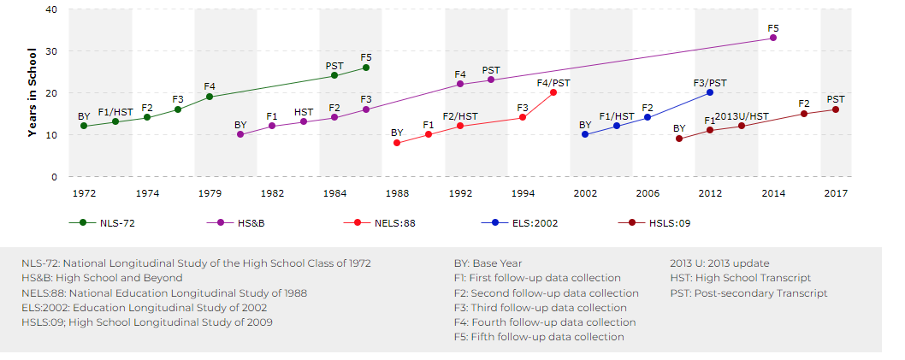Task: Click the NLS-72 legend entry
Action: [102, 222]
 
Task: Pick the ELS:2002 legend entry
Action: [512, 222]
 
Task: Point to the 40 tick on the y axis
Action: [50, 9]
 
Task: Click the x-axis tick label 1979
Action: [210, 194]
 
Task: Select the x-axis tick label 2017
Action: [836, 194]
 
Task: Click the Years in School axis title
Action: [32, 93]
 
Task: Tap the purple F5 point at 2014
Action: [773, 38]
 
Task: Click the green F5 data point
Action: [366, 68]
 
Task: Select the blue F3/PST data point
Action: [710, 92]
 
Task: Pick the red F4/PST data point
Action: [553, 92]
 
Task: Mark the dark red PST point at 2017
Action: [836, 109]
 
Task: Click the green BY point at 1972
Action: [84, 126]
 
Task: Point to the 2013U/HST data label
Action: [742, 116]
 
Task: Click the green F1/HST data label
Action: [115, 112]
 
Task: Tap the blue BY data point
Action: [585, 134]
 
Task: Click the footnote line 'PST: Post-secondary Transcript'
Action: [748, 293]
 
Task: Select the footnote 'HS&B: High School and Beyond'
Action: [102, 278]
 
